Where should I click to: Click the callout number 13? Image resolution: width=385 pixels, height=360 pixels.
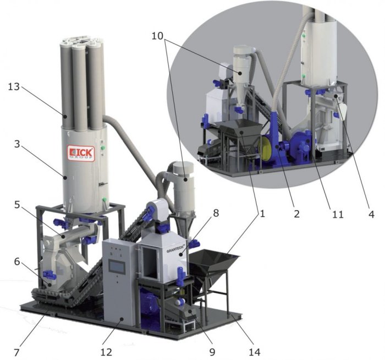(x=14, y=87)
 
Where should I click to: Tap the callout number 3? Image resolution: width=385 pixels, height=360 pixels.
(x=16, y=144)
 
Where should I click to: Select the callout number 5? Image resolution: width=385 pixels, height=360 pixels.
(x=16, y=204)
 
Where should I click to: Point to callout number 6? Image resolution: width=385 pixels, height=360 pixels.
(x=16, y=261)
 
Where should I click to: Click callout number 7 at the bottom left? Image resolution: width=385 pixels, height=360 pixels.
(x=16, y=352)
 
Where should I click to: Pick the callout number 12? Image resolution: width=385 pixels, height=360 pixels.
(x=106, y=352)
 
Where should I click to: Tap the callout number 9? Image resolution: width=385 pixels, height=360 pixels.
(x=212, y=352)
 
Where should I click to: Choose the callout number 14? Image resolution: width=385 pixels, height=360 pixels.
(x=254, y=352)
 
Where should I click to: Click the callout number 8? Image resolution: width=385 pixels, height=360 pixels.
(x=216, y=213)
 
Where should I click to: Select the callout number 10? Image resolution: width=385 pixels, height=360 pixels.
(x=157, y=36)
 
